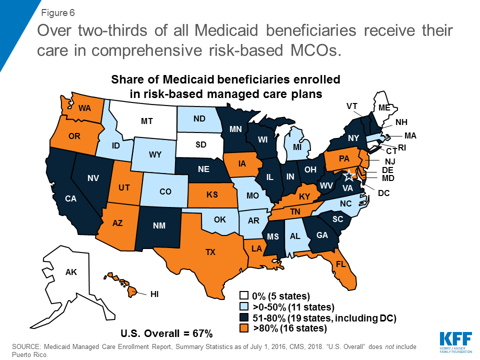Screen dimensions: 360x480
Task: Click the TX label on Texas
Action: click(x=210, y=252)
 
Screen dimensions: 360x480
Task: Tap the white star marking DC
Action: click(x=350, y=175)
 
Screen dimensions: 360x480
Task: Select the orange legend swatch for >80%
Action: click(x=244, y=328)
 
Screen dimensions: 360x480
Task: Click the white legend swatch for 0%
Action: click(x=244, y=295)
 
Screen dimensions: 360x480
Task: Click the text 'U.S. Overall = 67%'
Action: click(x=167, y=333)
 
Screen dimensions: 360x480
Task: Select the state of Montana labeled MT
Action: click(x=146, y=121)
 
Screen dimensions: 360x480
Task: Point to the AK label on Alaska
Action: click(x=71, y=272)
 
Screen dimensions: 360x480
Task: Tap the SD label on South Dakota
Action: click(x=200, y=145)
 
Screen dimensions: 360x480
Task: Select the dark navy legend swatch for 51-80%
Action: click(x=244, y=317)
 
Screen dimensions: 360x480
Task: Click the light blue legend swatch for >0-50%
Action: click(x=244, y=306)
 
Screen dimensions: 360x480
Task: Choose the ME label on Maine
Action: click(x=384, y=107)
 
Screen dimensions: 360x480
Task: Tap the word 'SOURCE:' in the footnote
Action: click(x=26, y=346)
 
